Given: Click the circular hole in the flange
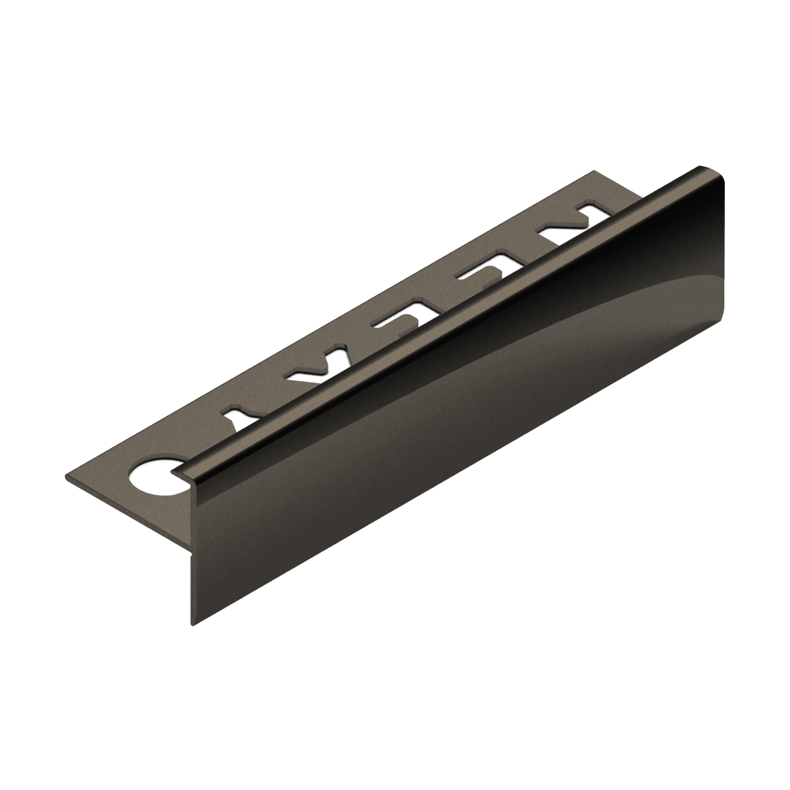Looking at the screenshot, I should (153, 474).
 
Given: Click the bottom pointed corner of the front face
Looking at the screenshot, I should (192, 625).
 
